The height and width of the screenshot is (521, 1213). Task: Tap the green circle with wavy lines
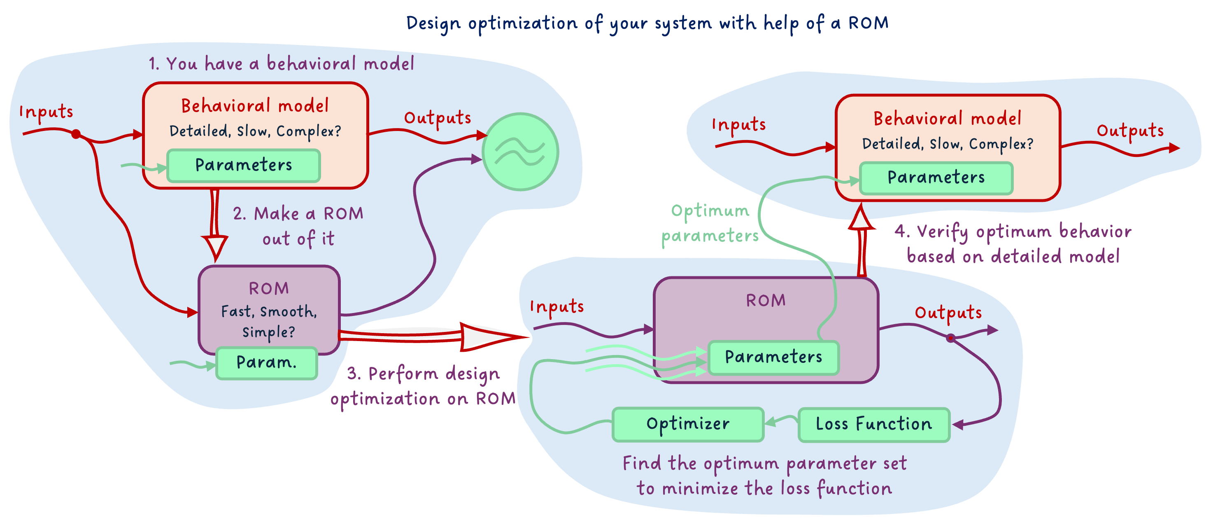click(520, 152)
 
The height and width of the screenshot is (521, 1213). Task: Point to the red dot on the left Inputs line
click(76, 134)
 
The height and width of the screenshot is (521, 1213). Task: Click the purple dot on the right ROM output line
click(951, 338)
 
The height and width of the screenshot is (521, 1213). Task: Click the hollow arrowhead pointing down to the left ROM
click(215, 246)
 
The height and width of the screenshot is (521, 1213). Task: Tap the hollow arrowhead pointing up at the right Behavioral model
click(861, 219)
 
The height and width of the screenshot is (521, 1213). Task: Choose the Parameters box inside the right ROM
click(773, 357)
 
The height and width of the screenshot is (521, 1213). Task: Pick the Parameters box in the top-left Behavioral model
click(243, 165)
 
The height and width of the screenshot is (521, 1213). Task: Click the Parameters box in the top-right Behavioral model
click(936, 178)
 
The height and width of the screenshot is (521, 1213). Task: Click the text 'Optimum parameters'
click(710, 223)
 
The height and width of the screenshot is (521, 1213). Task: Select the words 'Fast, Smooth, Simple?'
click(269, 321)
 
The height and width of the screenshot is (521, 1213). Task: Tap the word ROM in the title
click(868, 23)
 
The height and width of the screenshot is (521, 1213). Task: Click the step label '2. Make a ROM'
click(298, 214)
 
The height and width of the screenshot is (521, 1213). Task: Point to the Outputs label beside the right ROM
click(948, 313)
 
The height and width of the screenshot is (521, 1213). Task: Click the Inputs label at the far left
click(46, 112)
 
